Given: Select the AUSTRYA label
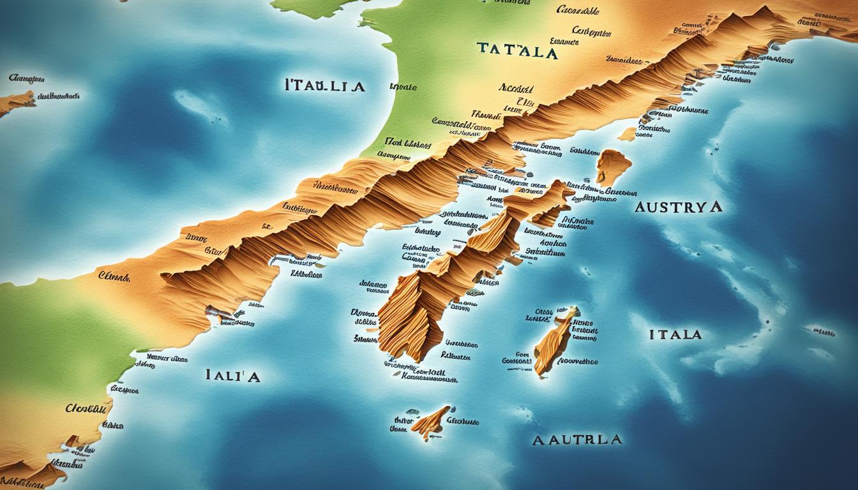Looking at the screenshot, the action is click(678, 207).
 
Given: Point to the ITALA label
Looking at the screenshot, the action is click(675, 334).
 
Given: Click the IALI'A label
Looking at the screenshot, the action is click(232, 376).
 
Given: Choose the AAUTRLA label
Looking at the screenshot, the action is click(577, 440).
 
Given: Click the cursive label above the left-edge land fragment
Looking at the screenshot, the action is click(27, 79).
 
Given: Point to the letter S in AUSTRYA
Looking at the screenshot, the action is click(665, 207).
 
